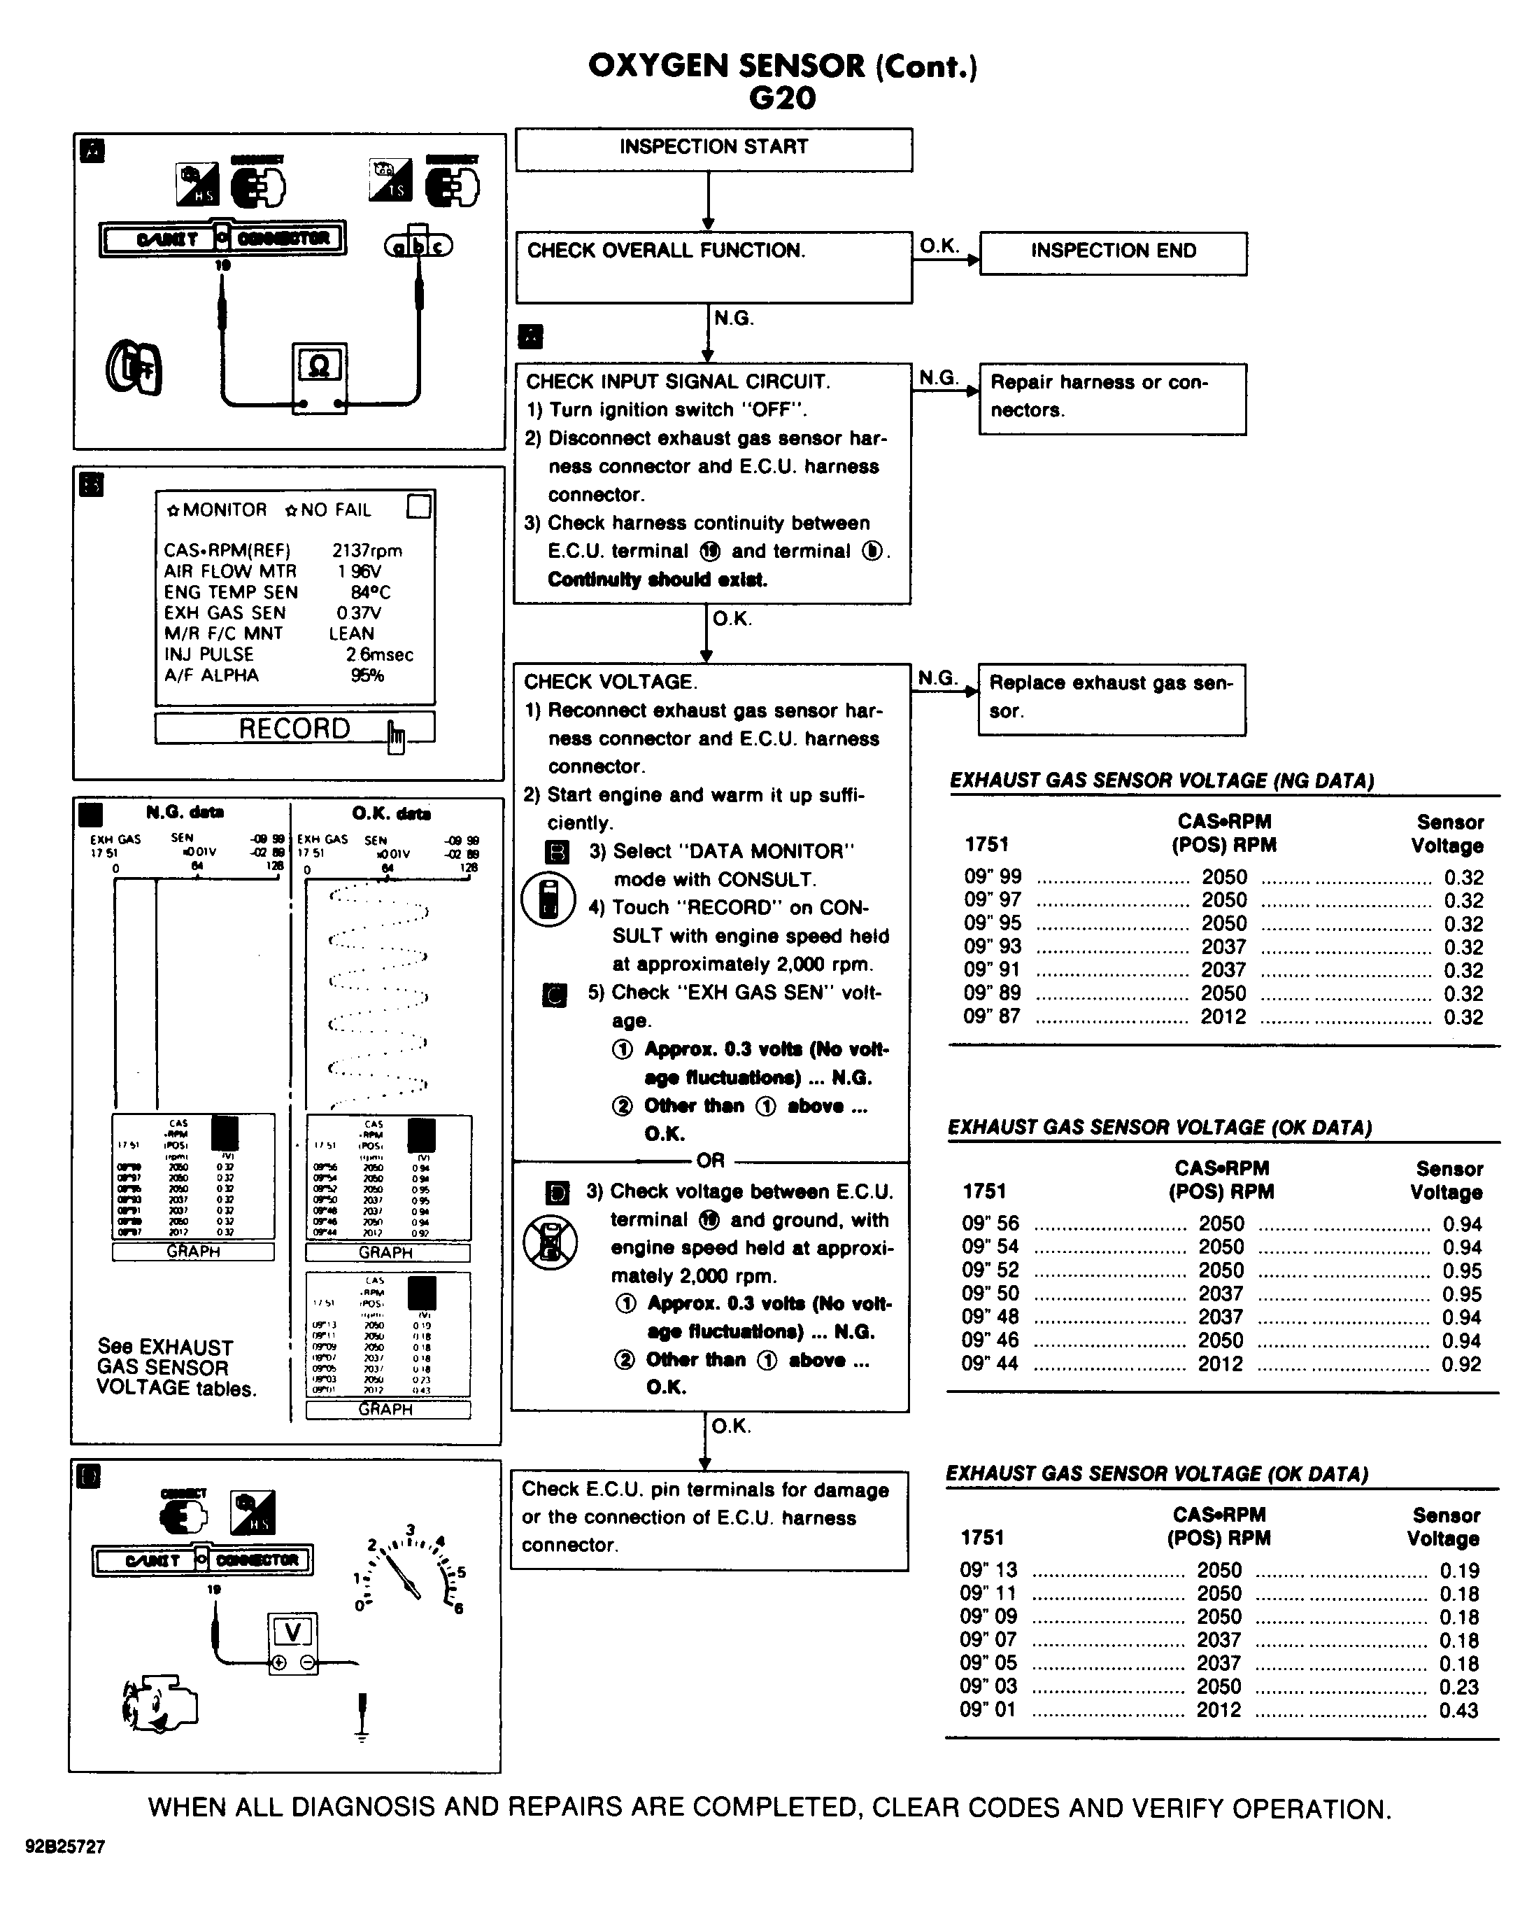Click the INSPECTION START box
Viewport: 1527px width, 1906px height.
pos(713,148)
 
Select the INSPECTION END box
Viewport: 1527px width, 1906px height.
pos(1113,253)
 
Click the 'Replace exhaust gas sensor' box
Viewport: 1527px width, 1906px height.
pos(1111,699)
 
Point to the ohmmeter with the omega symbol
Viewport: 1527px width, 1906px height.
pos(319,376)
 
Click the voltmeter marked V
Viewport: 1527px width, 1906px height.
pos(292,1641)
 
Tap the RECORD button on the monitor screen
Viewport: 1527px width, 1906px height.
pos(294,729)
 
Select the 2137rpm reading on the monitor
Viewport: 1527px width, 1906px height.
pos(367,551)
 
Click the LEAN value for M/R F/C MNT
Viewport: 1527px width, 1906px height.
pos(351,634)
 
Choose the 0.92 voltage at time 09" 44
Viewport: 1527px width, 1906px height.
pos(1461,1364)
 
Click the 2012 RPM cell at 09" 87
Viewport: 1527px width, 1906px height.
pos(1223,1016)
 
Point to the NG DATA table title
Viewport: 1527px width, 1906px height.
pos(1161,780)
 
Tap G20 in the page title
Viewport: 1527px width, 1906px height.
pos(782,98)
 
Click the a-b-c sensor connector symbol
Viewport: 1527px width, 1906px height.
pos(418,246)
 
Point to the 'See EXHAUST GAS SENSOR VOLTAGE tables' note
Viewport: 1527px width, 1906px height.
pos(175,1368)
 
